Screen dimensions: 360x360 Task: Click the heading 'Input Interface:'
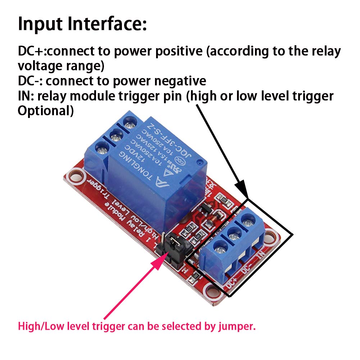coord(82,24)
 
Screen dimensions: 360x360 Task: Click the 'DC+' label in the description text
coord(30,52)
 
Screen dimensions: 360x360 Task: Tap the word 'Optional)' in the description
coord(46,111)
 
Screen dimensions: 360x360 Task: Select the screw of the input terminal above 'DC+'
coord(219,247)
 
